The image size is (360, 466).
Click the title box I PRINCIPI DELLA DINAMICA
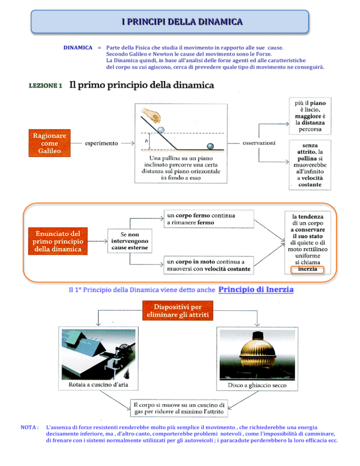coord(170,22)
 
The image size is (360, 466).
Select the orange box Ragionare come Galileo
coord(50,143)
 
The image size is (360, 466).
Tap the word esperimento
coord(101,143)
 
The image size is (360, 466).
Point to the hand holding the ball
coord(152,115)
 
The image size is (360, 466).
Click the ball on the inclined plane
coord(161,130)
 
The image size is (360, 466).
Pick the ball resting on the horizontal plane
coord(210,146)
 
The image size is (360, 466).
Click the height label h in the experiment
coord(146,141)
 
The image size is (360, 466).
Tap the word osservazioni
coord(259,143)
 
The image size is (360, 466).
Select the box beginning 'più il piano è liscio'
coord(310,116)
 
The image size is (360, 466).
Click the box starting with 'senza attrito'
coord(310,165)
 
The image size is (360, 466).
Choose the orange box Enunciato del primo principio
coord(58,241)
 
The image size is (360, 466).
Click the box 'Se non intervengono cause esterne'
coord(130,241)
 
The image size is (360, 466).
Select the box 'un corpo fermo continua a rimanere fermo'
coord(209,219)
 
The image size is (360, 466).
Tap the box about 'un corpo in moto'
coord(209,265)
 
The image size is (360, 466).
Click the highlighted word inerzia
coord(307,269)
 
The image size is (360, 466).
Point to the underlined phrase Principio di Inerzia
coord(256,289)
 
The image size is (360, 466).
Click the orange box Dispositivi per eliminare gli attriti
coord(178,310)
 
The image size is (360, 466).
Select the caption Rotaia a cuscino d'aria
coord(98,384)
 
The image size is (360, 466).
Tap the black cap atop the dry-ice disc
coord(257,336)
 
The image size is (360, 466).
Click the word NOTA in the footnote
coord(30,428)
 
